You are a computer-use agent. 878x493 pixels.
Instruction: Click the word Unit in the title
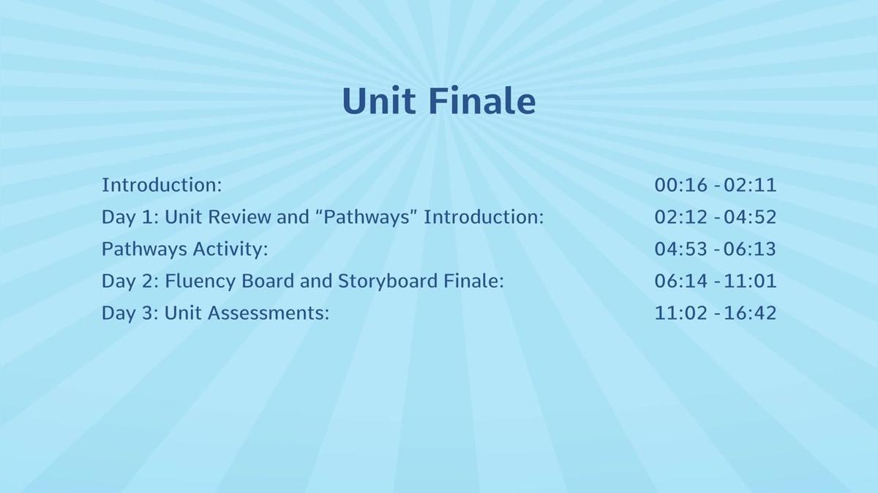click(x=379, y=101)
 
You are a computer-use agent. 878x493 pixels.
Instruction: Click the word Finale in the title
click(x=482, y=101)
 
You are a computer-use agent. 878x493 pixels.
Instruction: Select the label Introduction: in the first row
click(x=162, y=185)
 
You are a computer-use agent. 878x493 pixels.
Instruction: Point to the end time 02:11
click(x=749, y=185)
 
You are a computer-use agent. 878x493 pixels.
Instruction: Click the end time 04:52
click(x=749, y=217)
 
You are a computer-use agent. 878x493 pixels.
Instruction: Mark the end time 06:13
click(x=749, y=249)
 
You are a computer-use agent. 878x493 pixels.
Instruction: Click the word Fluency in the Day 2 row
click(x=200, y=282)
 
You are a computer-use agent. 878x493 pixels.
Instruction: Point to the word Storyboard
click(x=387, y=282)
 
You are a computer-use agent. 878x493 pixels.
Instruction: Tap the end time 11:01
click(x=749, y=282)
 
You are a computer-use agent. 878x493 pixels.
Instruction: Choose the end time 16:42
click(x=749, y=313)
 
